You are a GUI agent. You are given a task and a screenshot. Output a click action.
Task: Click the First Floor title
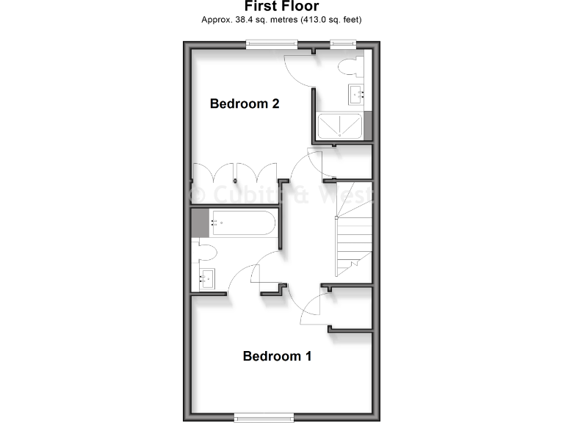281,7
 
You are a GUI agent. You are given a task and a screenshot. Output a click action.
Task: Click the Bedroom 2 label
245,104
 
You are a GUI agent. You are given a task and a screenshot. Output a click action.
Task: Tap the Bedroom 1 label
277,356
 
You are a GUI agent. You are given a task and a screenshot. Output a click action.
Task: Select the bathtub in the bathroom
242,223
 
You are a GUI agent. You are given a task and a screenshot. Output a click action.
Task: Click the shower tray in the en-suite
339,126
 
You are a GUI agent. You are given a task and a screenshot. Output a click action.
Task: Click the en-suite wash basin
357,93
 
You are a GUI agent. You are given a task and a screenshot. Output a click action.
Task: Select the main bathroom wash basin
206,279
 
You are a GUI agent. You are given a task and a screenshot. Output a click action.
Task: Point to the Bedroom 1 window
264,418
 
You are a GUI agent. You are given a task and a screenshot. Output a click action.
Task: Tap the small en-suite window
342,43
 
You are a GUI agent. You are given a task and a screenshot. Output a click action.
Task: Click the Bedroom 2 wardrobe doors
234,173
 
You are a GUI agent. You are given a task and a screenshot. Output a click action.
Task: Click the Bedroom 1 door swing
311,308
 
